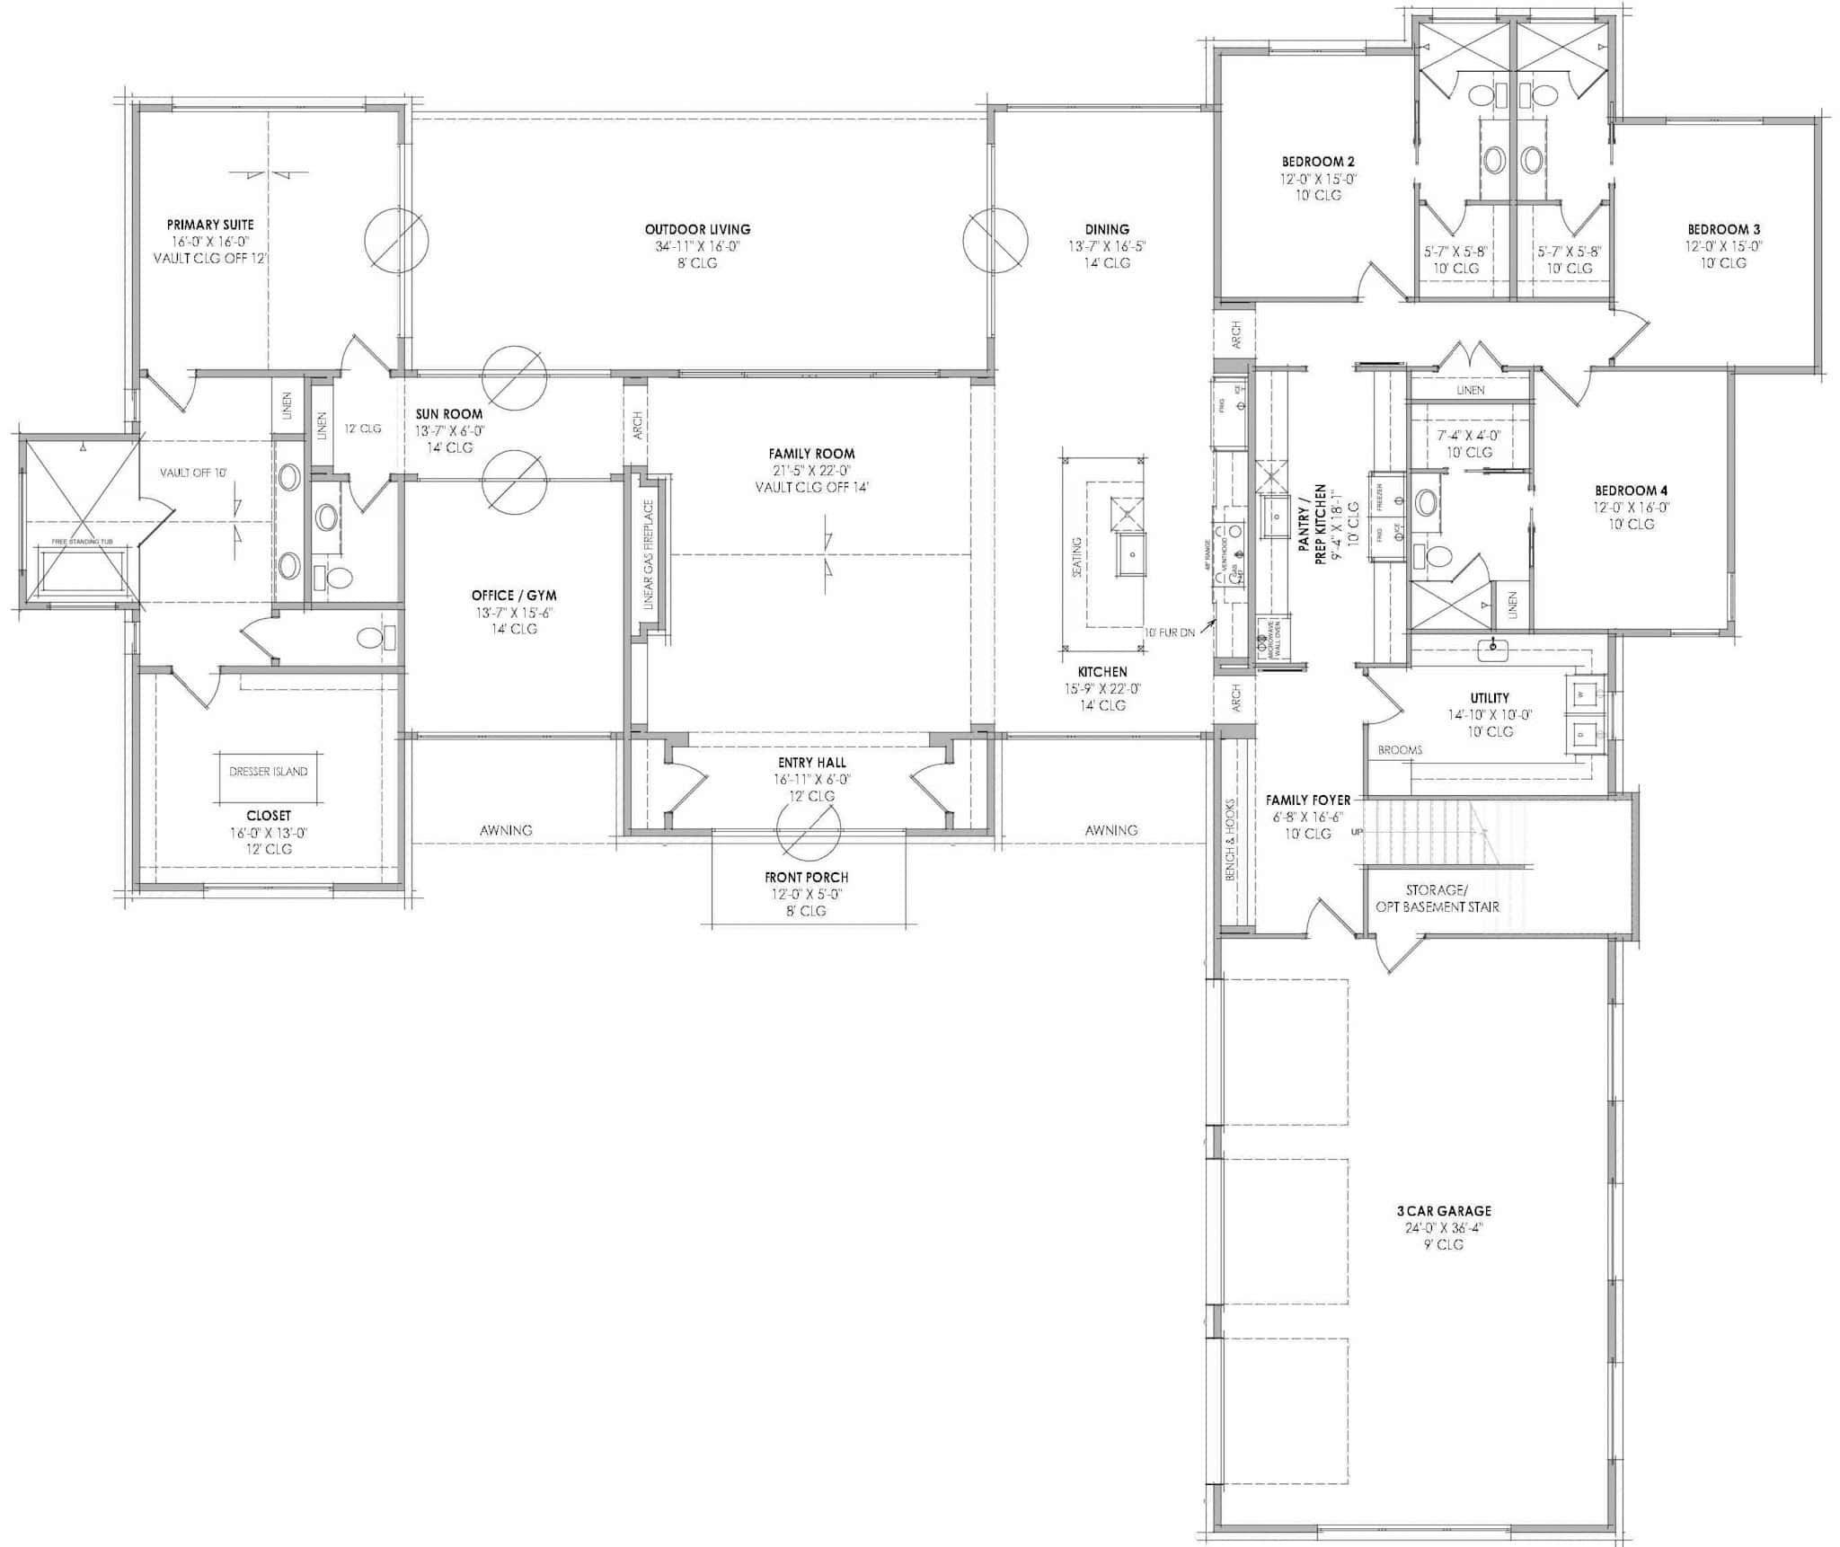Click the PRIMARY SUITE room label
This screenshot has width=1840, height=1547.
210,225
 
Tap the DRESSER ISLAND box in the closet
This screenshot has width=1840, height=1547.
269,772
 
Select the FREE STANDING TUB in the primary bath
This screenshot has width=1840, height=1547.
82,570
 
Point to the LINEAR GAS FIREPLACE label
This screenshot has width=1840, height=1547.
649,556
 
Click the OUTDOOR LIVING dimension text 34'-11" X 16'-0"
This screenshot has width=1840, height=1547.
697,247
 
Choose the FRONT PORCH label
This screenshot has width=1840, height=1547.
806,877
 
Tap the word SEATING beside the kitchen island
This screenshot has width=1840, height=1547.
1077,557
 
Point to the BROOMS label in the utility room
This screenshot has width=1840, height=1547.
1400,750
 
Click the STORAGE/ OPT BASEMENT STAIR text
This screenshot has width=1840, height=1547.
1437,898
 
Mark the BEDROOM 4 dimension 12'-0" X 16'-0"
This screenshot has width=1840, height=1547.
1631,508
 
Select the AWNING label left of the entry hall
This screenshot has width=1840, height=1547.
506,831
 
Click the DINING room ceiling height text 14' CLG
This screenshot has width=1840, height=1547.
1106,263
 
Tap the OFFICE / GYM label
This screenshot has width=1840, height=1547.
514,596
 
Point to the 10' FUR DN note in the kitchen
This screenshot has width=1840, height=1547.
1169,632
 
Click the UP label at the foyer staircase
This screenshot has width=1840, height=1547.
1357,833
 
